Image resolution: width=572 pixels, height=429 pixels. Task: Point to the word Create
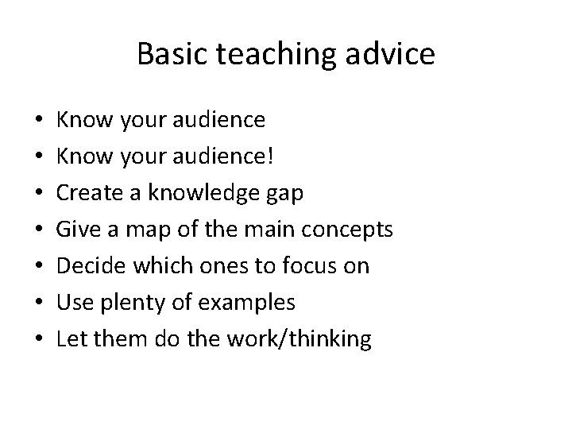point(89,192)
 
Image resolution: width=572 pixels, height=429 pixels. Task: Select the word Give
point(79,229)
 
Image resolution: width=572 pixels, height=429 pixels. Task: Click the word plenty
point(141,303)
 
